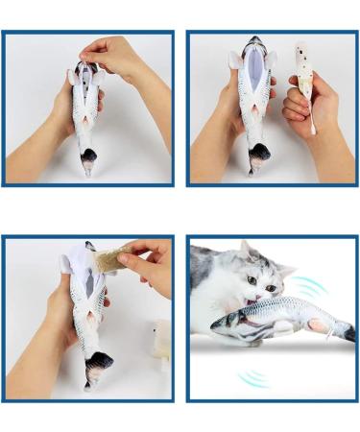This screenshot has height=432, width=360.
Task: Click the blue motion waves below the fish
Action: (x=252, y=376)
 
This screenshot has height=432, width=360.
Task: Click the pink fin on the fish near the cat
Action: (x=317, y=324)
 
